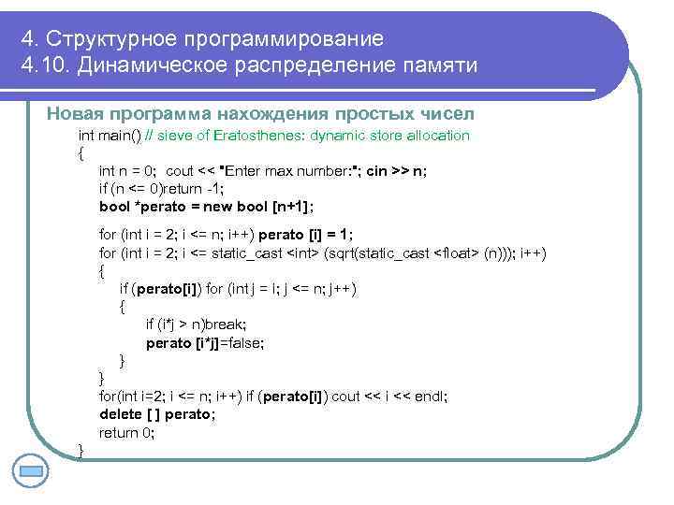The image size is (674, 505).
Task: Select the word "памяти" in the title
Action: pos(438,66)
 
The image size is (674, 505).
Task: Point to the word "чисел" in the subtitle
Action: pos(447,114)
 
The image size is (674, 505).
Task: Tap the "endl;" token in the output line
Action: pos(430,397)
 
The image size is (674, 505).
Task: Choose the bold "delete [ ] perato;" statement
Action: pos(156,414)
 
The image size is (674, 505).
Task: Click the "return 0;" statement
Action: pos(127,432)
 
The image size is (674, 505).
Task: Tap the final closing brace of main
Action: pos(81,451)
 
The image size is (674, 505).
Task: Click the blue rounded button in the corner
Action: pos(32,471)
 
